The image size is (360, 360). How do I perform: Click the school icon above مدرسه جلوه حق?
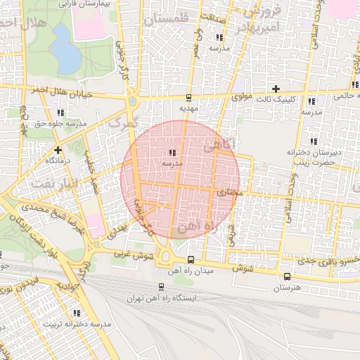(x=61, y=112)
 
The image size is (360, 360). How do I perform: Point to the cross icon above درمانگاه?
(x=58, y=149)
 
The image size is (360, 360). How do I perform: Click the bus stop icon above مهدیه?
(x=188, y=98)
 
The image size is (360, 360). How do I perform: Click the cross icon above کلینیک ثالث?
(x=276, y=89)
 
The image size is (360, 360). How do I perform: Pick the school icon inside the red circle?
(x=172, y=152)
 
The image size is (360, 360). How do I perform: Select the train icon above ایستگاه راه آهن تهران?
(x=162, y=287)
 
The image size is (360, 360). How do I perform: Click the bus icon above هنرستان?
(x=286, y=276)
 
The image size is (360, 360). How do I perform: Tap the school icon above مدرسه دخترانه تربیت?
(x=76, y=313)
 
